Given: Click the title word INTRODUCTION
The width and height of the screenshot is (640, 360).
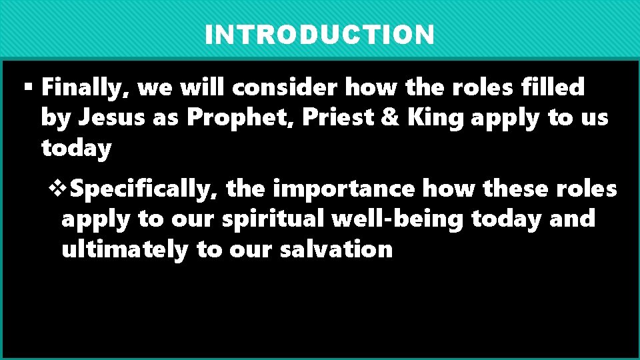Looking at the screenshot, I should pyautogui.click(x=319, y=35).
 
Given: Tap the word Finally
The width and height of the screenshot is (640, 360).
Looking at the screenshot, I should pyautogui.click(x=85, y=87).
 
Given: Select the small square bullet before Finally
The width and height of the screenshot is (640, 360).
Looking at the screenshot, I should pyautogui.click(x=27, y=87).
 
